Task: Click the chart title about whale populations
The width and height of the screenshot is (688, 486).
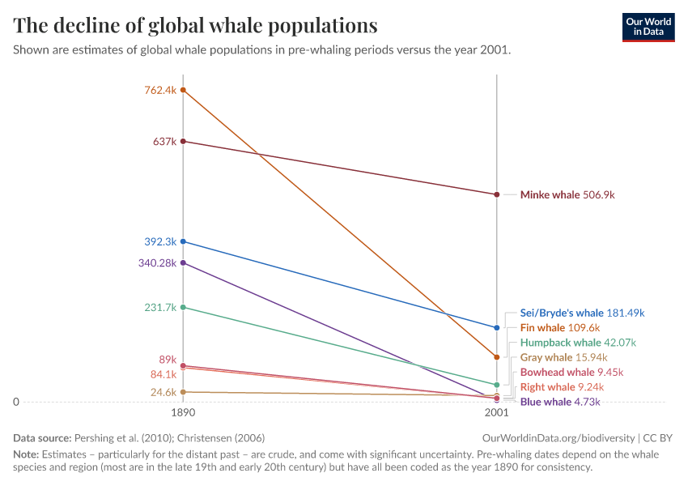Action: coord(195,26)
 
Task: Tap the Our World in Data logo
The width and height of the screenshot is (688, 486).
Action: coord(648,27)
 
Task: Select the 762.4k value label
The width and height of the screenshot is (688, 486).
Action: coord(160,90)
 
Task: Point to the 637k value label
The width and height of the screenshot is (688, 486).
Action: coord(164,142)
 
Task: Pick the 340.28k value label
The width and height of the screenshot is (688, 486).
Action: coord(157,262)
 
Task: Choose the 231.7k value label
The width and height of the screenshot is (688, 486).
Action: coord(160,307)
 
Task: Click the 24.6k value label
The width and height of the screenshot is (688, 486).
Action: coord(163,392)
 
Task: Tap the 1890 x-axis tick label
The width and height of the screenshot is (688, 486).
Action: coord(183,412)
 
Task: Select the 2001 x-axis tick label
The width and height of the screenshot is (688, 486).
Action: coord(496,412)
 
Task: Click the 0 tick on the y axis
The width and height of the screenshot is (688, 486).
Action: coord(16,402)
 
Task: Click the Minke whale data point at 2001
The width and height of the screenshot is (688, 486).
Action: coord(497,194)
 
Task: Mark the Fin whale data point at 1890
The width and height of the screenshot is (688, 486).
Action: coord(184,90)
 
